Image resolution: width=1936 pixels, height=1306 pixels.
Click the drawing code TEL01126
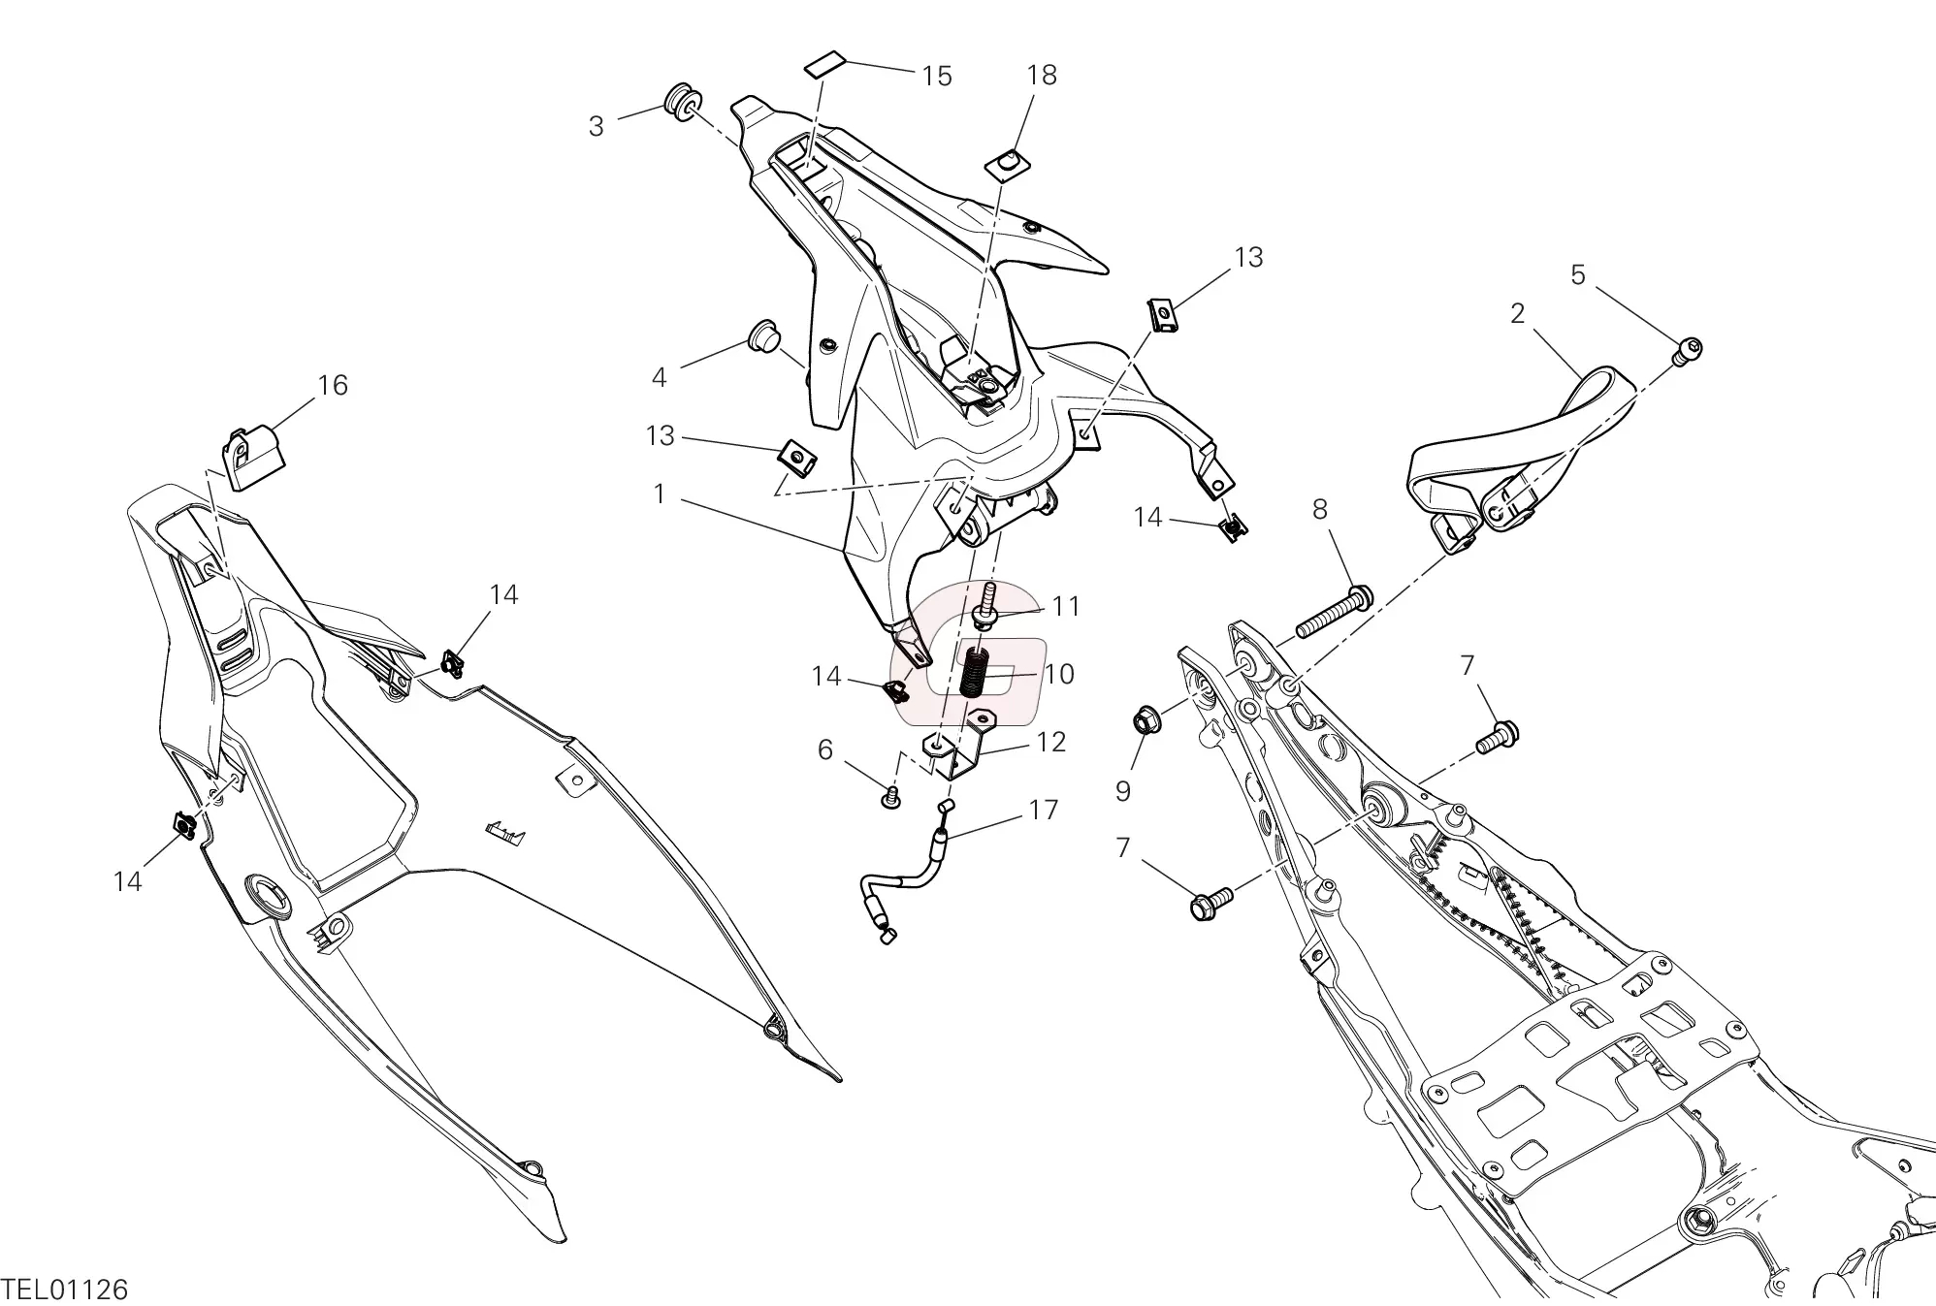(65, 1289)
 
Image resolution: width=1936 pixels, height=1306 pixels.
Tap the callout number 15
(937, 76)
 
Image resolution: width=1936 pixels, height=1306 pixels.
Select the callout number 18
(1042, 75)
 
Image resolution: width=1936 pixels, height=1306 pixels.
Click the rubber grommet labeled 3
(682, 101)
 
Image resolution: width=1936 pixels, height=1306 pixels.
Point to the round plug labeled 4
(764, 335)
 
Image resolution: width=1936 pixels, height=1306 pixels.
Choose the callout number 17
(1044, 810)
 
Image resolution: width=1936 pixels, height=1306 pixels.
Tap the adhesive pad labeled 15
(824, 67)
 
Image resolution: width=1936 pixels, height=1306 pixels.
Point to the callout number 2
(1517, 313)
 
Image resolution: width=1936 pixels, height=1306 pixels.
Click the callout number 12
(1051, 742)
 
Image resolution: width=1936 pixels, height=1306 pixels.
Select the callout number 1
(660, 494)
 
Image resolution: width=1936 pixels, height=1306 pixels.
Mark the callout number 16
(333, 385)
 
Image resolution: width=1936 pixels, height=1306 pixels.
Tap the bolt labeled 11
(984, 617)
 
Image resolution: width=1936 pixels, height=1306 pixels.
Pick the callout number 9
(1123, 791)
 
